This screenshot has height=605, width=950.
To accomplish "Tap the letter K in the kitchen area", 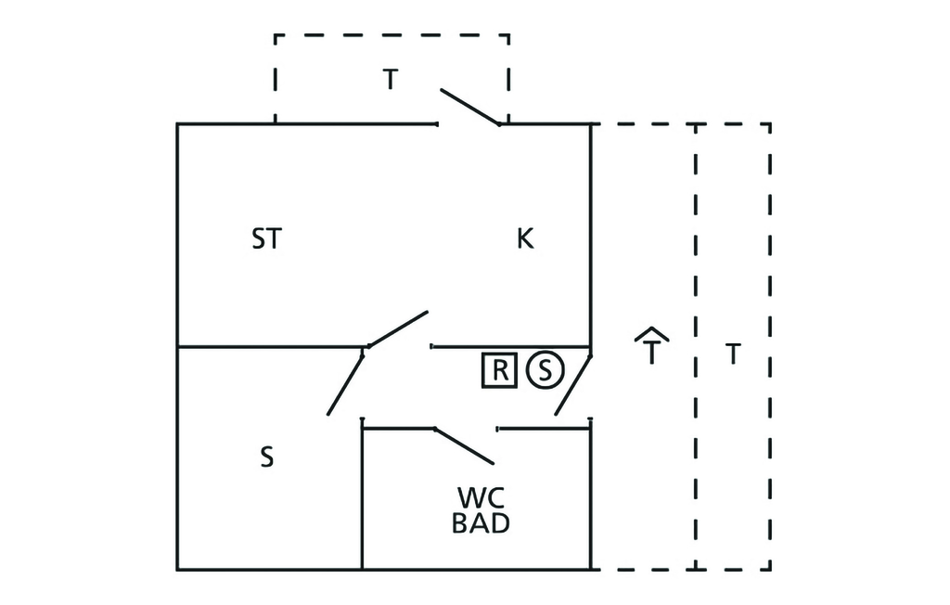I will click(x=525, y=239).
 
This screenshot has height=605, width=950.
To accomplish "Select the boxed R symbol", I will click(x=499, y=370).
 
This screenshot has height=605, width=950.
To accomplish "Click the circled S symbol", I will click(x=545, y=370).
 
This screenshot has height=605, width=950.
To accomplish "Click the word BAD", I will click(x=480, y=523).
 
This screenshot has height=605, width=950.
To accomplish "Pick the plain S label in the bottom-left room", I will click(x=266, y=458).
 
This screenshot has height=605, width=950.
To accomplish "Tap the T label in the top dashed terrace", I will click(x=391, y=81).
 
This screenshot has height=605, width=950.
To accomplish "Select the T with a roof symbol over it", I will click(x=653, y=347).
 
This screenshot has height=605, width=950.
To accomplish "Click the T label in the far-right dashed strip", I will click(x=733, y=354).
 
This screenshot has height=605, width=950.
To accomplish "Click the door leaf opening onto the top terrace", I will click(x=469, y=107).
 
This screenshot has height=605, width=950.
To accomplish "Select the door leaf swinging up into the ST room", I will click(x=398, y=329).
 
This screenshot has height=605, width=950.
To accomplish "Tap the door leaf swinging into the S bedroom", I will click(x=345, y=382).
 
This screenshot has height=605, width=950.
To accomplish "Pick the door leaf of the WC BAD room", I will click(x=464, y=445).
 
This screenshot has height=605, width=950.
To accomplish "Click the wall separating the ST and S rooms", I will click(x=269, y=347).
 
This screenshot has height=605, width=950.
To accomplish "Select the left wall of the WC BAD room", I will click(x=362, y=501).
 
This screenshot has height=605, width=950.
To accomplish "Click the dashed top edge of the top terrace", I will click(x=391, y=35).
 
